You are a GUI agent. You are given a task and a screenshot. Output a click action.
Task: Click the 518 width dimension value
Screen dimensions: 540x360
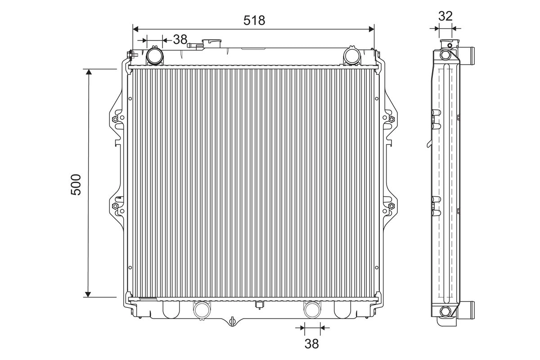[x=254, y=21]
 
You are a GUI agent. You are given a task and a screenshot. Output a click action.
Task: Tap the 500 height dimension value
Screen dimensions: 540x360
[x=76, y=184]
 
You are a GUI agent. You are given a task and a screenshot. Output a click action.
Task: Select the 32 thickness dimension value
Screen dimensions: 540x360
[x=445, y=16]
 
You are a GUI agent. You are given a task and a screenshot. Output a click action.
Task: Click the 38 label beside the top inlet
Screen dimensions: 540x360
[x=180, y=39]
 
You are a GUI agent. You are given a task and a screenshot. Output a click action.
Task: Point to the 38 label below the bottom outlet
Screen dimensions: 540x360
[x=312, y=344]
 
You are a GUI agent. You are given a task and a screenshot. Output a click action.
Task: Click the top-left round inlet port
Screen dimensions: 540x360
[x=154, y=56]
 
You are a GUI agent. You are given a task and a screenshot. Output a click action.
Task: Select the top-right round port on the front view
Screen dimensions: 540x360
[x=352, y=56]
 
